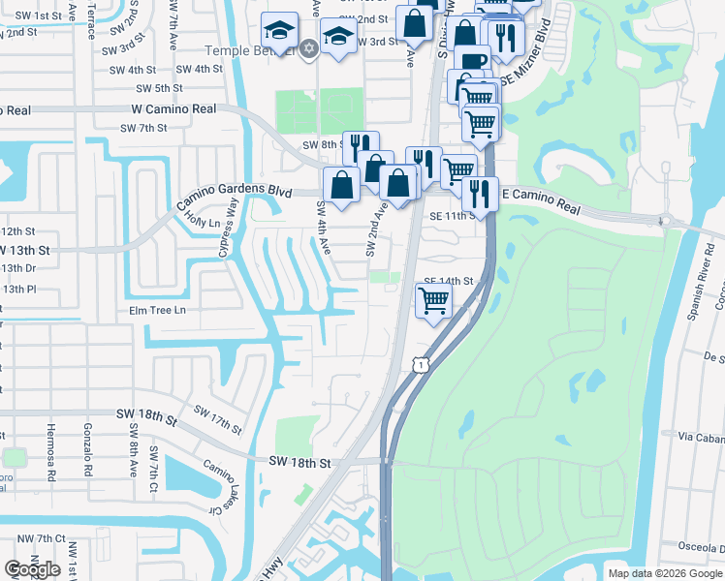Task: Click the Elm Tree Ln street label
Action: (x=156, y=311)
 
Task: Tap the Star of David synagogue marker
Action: (x=309, y=48)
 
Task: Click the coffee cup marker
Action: (x=472, y=61)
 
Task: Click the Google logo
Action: (x=33, y=569)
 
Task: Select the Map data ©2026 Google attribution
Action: (x=664, y=573)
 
